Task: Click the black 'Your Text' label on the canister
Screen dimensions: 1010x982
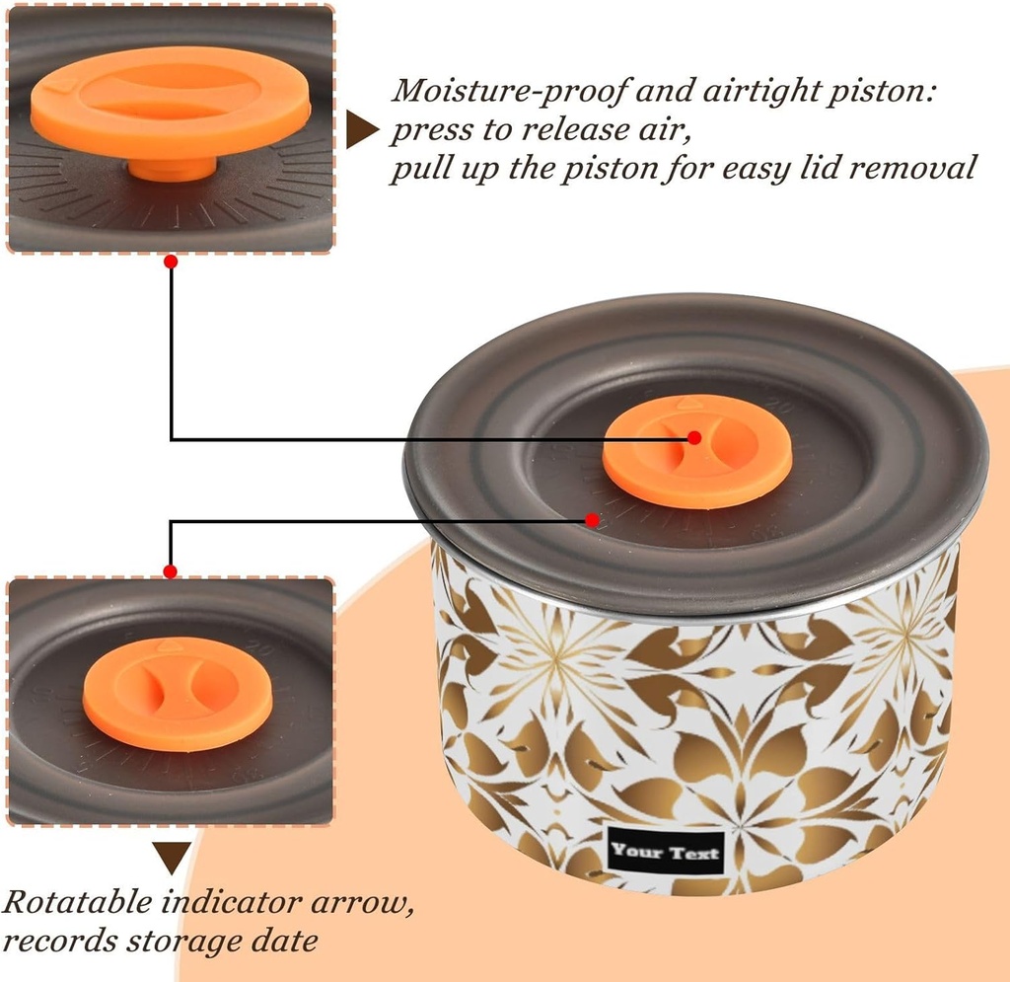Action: click(x=666, y=852)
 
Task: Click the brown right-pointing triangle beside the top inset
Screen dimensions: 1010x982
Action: click(x=361, y=129)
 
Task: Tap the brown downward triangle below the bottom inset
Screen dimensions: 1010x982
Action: click(x=172, y=858)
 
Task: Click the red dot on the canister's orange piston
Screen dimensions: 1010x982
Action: click(x=693, y=437)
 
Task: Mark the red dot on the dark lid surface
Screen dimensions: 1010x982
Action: click(x=592, y=519)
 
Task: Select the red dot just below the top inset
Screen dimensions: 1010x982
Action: click(x=171, y=262)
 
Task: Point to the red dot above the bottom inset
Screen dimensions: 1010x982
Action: click(x=170, y=571)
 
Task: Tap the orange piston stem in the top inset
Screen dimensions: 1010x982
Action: click(x=172, y=170)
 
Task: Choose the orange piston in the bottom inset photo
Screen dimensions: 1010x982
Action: click(x=178, y=694)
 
